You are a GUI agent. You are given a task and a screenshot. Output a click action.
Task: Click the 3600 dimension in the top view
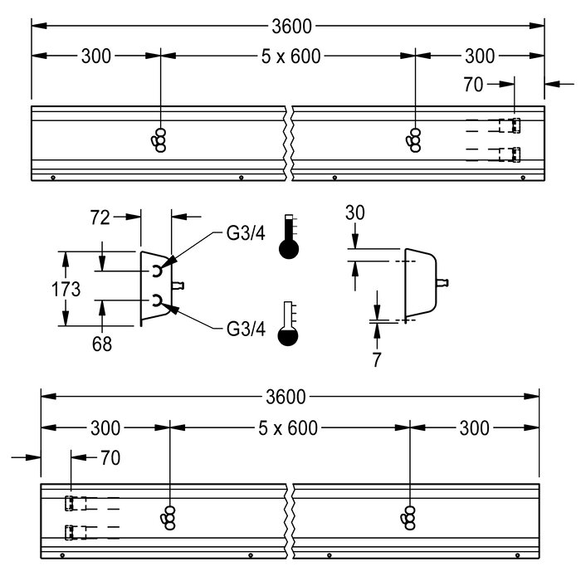[290, 27]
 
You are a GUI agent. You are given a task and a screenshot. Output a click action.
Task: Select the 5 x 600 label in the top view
[287, 56]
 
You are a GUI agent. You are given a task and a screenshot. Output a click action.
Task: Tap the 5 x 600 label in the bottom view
[288, 428]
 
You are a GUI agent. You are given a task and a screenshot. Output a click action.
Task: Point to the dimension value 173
[65, 290]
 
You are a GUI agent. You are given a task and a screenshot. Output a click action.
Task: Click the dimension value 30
[354, 212]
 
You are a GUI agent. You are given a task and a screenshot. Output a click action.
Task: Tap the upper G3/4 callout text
[246, 234]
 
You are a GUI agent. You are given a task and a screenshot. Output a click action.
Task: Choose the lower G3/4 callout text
[246, 329]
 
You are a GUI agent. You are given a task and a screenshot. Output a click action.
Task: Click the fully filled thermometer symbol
[288, 237]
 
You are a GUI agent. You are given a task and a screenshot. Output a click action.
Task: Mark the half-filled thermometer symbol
[288, 325]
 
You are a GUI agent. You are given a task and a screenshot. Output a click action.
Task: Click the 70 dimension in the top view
[473, 84]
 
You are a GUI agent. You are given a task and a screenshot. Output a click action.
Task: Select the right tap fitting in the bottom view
[408, 517]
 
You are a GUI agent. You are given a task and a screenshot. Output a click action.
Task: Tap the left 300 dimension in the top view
[96, 56]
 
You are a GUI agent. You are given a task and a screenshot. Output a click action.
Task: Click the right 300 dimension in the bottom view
[474, 428]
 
